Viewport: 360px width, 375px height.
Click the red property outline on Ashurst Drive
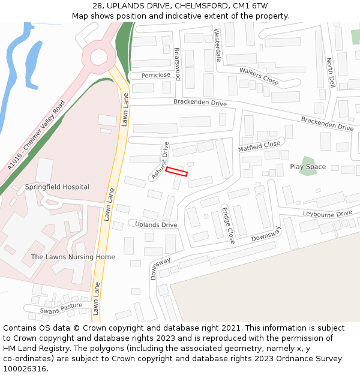[x=176, y=171]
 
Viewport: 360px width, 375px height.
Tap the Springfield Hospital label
[x=57, y=187]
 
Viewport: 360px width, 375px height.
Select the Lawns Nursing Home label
[x=73, y=257]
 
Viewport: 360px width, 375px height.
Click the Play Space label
[x=308, y=167]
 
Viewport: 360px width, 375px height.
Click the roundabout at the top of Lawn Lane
[x=99, y=57]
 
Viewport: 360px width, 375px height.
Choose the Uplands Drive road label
[x=156, y=225]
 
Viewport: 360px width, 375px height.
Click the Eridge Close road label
[x=228, y=225]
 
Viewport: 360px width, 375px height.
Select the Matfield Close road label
[x=259, y=146]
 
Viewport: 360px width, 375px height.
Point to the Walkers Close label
[x=259, y=75]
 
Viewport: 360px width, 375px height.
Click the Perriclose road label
[x=156, y=76]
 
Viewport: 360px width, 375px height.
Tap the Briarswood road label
[x=177, y=64]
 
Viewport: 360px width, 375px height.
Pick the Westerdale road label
[x=218, y=46]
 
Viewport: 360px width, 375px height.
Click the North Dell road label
[x=331, y=73]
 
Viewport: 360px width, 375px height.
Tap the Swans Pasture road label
[x=61, y=308]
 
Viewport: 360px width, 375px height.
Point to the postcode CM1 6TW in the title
[x=251, y=6]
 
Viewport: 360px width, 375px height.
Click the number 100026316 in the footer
[x=25, y=369]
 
